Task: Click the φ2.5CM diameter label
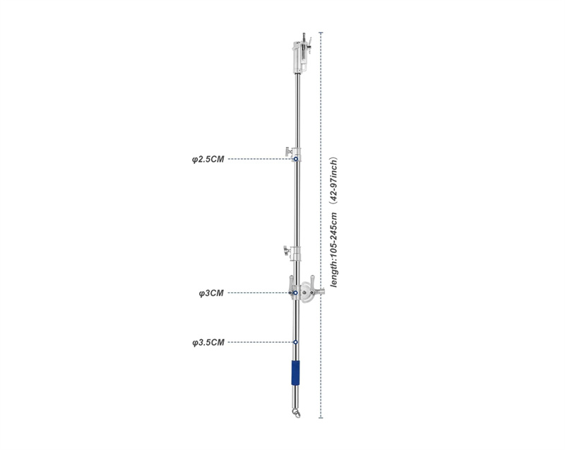208,159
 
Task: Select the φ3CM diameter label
211,293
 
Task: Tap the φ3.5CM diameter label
208,343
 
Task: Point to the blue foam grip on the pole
296,373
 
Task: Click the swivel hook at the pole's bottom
297,413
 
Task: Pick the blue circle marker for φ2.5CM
296,159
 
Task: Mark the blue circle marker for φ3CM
295,293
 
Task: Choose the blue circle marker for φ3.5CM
295,342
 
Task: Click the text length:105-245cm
334,250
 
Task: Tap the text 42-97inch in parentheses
334,179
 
